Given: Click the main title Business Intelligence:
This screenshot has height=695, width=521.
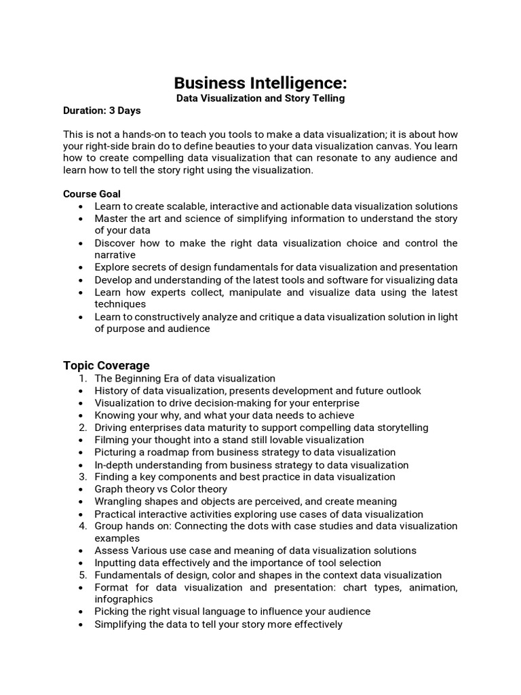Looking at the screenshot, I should coord(260,83).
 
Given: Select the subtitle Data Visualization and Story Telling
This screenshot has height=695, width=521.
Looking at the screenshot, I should coord(260,98).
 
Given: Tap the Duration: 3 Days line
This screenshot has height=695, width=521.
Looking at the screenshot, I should coord(102,111).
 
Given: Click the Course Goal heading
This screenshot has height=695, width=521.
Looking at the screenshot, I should coord(92,193).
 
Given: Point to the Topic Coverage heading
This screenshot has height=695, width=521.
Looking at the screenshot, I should coord(107,365).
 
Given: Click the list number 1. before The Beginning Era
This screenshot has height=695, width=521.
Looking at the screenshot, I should coord(83,378).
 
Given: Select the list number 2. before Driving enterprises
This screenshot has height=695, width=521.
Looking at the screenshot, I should coord(83,428).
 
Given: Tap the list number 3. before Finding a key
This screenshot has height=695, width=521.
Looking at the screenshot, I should coord(83,476).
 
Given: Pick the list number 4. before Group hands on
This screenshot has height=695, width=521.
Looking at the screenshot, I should coord(83,526).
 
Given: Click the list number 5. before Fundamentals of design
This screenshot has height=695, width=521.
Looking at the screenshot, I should coord(83,575).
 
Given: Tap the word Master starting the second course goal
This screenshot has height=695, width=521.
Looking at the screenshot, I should coord(111,219).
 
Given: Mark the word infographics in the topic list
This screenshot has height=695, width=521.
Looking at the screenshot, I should coord(124,599).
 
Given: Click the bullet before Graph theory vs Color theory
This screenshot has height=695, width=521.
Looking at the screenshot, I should coord(82,489).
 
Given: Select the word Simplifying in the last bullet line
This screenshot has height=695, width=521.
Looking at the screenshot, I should coord(121,624).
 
